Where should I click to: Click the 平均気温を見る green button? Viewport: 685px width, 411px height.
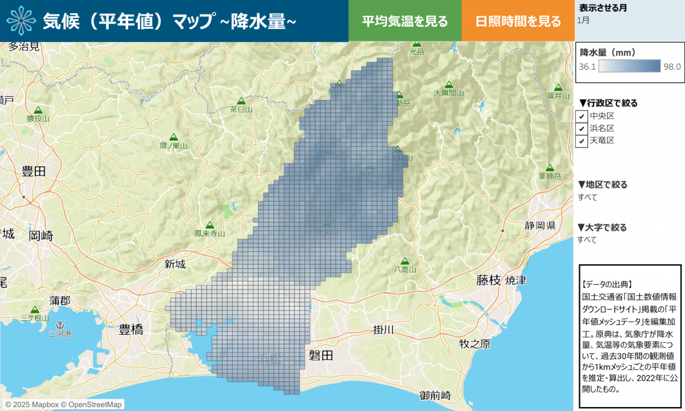coord(405,21)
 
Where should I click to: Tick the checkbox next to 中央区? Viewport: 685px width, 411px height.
coord(582,117)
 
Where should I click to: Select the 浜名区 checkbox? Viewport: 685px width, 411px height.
coord(582,129)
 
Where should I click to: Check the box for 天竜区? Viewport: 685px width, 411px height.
coord(582,141)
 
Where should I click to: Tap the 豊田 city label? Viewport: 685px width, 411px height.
coord(34,172)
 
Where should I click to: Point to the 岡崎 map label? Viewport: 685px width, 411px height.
coord(41,236)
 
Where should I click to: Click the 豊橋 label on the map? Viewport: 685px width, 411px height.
coord(131,330)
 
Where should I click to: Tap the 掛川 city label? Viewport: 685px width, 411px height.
coord(383,330)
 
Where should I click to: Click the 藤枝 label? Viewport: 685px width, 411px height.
coord(488,281)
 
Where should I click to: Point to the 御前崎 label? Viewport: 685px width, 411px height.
coord(435,396)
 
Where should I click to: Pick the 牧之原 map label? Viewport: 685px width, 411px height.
coord(475,344)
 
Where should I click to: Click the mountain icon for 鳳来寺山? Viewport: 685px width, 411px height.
coord(209,225)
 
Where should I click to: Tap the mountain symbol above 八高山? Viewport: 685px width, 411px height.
coord(405,261)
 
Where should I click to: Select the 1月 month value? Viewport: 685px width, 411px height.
coord(583,20)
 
